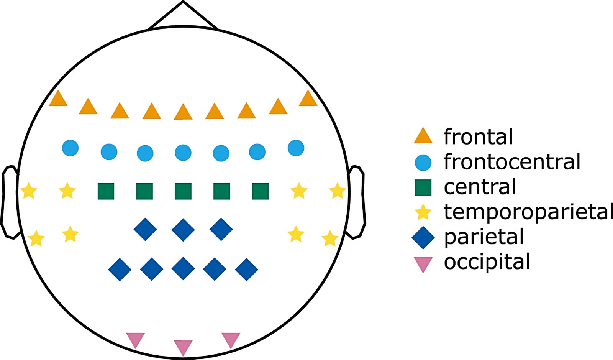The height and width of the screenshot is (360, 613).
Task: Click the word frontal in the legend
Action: click(x=478, y=136)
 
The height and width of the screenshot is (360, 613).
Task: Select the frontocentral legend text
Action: click(x=512, y=161)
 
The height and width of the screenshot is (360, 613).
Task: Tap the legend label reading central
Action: click(x=480, y=187)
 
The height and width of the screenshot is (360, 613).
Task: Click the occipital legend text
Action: click(x=487, y=261)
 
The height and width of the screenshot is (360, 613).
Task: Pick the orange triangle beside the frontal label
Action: click(x=423, y=136)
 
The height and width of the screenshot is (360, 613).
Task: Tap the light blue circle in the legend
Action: click(x=423, y=162)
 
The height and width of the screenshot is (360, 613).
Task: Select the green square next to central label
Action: click(x=423, y=188)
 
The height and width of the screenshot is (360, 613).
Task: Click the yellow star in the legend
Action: click(x=423, y=212)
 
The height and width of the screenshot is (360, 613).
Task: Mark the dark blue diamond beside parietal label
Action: click(x=423, y=238)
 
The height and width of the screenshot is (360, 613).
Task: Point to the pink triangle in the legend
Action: click(x=423, y=264)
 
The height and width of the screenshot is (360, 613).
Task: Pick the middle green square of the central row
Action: click(x=183, y=191)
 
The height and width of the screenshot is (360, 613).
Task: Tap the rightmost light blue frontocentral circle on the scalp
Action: click(x=296, y=148)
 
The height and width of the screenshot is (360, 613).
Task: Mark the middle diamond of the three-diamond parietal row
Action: click(x=183, y=229)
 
